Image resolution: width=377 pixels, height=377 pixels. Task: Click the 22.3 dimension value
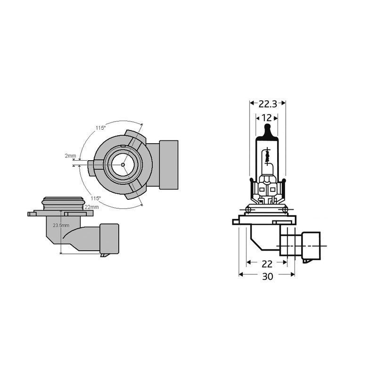tap(268, 103)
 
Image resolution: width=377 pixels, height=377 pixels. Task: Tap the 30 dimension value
tap(267, 278)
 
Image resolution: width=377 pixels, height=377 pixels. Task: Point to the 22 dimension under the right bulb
tap(267, 263)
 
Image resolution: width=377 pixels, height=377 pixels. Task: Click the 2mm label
tap(70, 155)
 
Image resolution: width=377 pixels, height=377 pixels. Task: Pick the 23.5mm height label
tap(60, 226)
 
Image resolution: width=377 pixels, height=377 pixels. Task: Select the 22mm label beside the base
tap(91, 207)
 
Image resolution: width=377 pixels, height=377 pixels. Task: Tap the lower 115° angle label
tap(96, 198)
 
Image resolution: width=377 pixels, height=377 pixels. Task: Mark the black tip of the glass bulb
tap(267, 131)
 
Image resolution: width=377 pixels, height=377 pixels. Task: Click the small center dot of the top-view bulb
tap(123, 164)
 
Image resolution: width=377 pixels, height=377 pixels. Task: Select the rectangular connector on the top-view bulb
tap(168, 164)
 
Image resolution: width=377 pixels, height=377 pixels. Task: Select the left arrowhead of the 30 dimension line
tap(241, 274)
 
